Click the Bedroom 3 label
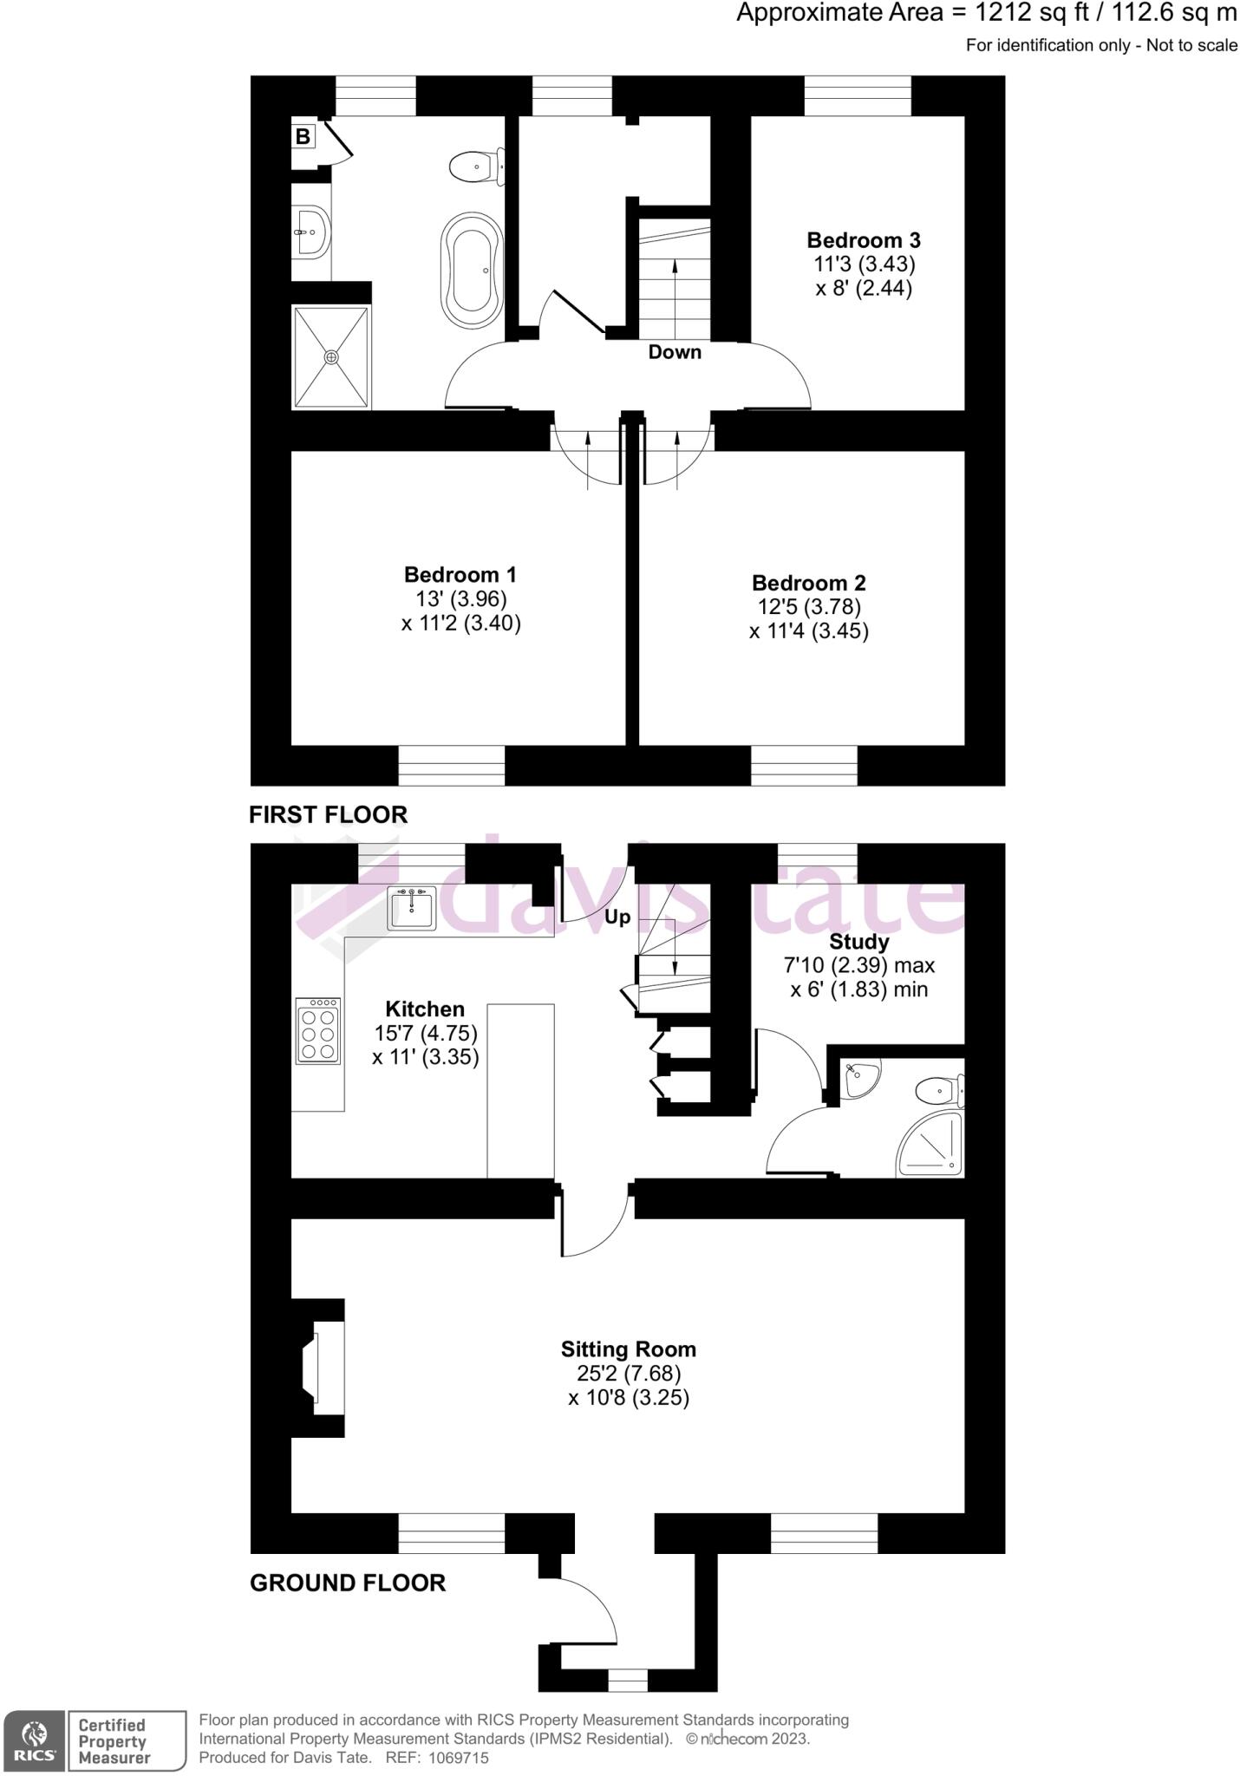(863, 240)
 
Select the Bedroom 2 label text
(808, 583)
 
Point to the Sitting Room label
(628, 1348)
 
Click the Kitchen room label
(425, 1009)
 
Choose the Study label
(858, 942)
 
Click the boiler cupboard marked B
(303, 136)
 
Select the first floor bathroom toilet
(477, 166)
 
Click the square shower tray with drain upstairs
(331, 356)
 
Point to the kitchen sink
(412, 908)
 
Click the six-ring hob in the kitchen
(317, 1030)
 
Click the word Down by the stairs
(675, 352)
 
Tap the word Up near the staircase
(617, 917)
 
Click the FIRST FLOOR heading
(328, 814)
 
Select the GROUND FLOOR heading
(348, 1583)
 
